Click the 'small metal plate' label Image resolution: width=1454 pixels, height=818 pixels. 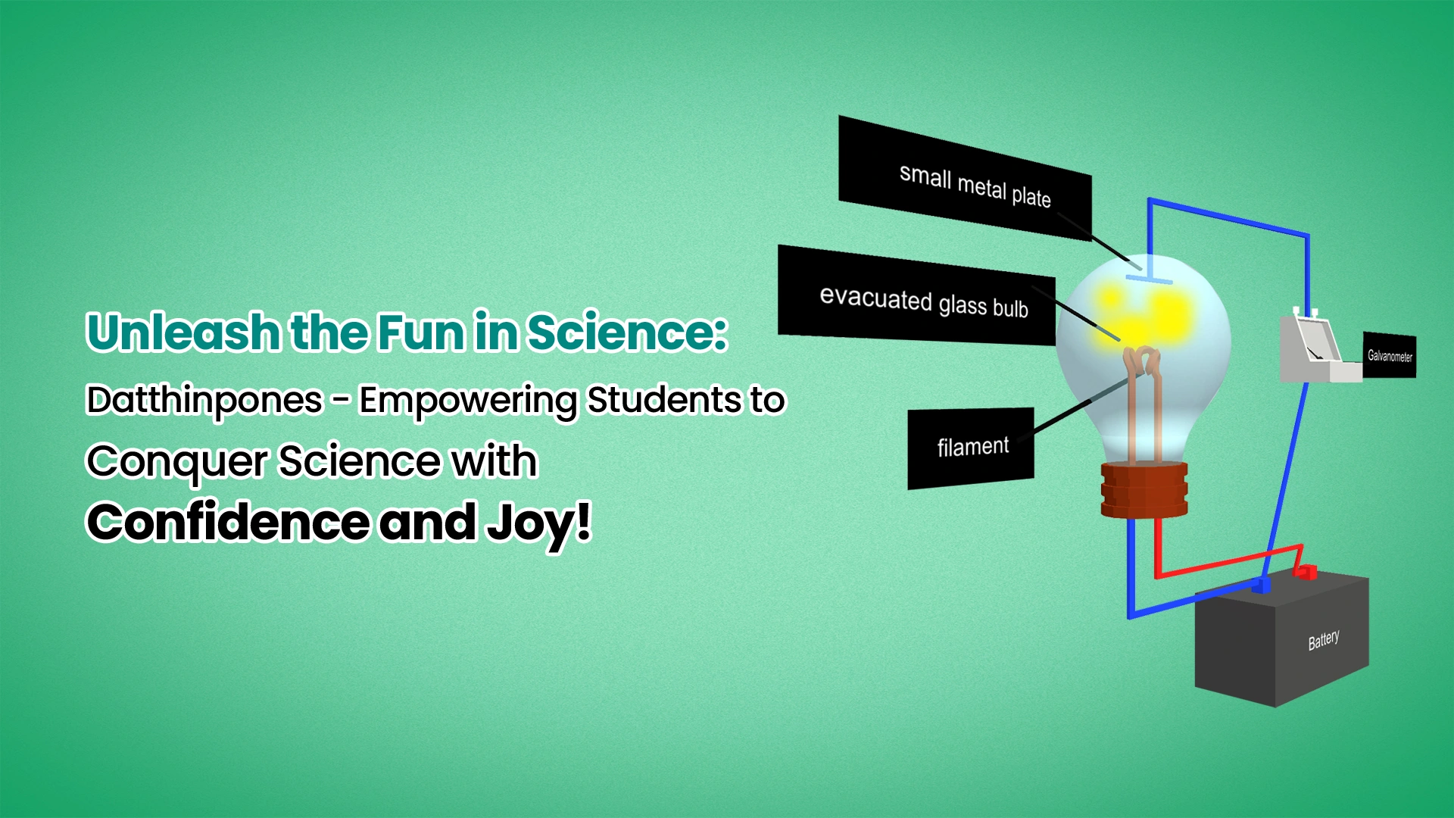[x=965, y=179]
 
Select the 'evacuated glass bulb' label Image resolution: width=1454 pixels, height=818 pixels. [x=916, y=295]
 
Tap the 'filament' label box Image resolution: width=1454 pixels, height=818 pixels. [x=971, y=448]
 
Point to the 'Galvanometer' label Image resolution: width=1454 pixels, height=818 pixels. [x=1390, y=355]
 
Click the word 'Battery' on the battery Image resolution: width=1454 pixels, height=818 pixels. [x=1324, y=640]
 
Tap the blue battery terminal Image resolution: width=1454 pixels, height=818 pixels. [x=1261, y=586]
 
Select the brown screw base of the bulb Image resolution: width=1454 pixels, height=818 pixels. [x=1144, y=490]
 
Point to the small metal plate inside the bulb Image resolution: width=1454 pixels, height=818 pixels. [x=1149, y=279]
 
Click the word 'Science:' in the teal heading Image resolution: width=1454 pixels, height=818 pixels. [x=627, y=333]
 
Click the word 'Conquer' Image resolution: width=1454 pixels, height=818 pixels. [x=176, y=461]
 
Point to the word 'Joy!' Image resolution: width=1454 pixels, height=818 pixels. [x=538, y=523]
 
